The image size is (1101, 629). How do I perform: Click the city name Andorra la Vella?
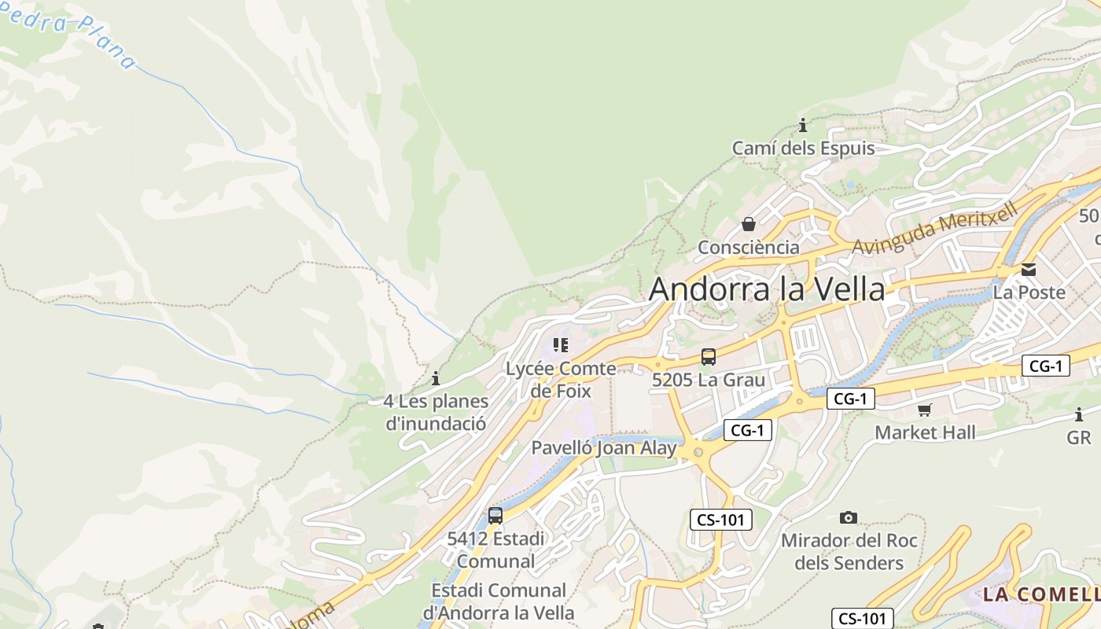point(767,289)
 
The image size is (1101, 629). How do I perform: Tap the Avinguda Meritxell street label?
point(935,228)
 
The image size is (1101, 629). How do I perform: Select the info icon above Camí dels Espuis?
point(803,125)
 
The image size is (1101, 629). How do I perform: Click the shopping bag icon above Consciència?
point(749,224)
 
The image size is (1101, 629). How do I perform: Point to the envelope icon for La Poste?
point(1029,270)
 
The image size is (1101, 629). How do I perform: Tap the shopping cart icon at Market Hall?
point(925,410)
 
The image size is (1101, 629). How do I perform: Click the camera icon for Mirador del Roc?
point(848,517)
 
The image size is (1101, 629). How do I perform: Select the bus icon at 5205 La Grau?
point(709,357)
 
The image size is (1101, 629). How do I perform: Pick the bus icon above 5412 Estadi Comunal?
point(495,516)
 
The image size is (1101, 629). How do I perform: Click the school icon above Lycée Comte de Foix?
point(561,345)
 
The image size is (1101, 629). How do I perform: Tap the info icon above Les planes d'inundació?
point(436,378)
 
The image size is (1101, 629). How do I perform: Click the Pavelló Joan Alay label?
point(604,448)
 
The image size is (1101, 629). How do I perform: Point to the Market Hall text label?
point(925,432)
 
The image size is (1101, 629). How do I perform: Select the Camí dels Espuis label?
point(803,149)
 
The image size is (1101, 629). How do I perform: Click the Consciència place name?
point(749,248)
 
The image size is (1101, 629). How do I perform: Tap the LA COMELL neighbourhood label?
point(1040,594)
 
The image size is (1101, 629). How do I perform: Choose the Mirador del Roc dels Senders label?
point(849,552)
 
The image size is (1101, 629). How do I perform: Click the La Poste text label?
point(1029,292)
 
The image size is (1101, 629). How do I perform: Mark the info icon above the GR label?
point(1079,414)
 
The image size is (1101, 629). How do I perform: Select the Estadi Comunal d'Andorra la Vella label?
point(499,601)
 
